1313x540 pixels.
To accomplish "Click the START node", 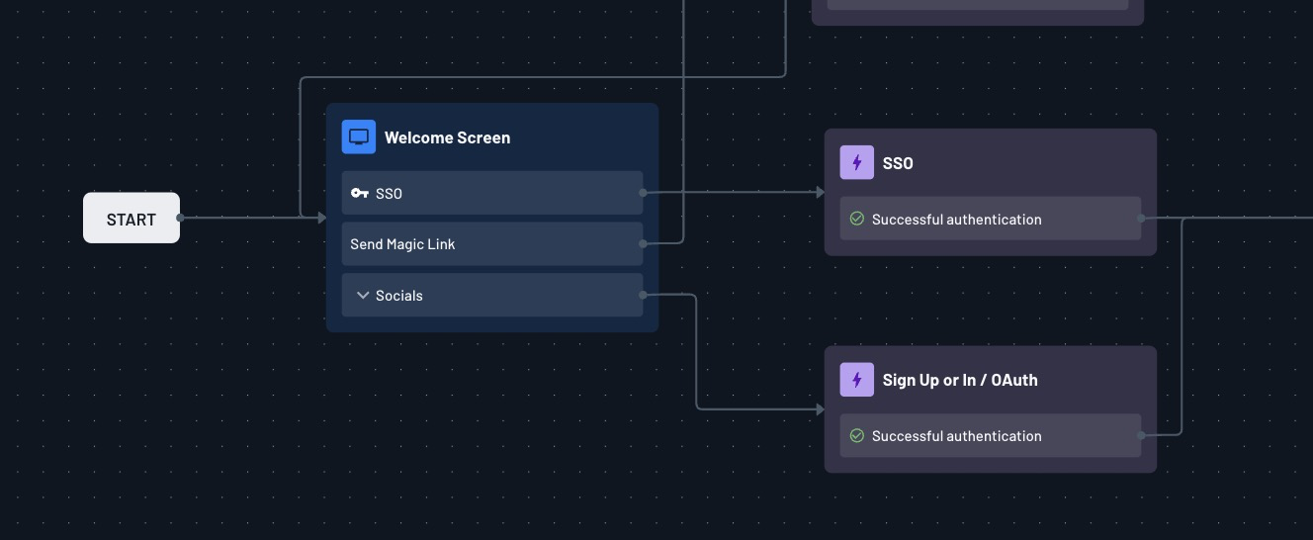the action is [x=131, y=218].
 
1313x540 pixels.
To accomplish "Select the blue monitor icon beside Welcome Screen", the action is [x=359, y=137].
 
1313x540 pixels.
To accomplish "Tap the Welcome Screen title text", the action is [x=447, y=137].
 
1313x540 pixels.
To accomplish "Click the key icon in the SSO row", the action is [x=359, y=193].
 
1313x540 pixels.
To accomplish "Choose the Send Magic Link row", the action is [x=492, y=244].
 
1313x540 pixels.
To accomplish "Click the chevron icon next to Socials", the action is [x=363, y=296].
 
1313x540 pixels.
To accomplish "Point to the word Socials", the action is [x=399, y=296].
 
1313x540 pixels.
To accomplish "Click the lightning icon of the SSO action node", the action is [x=857, y=162].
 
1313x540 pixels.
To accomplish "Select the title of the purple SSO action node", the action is [x=898, y=163].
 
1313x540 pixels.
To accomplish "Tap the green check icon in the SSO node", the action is [x=857, y=219].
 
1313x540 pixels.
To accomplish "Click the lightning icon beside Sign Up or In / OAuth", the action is [x=857, y=380].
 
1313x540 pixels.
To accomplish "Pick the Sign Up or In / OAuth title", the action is [x=960, y=380].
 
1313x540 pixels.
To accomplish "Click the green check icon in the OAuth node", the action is [x=857, y=435].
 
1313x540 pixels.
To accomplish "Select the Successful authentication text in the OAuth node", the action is [x=957, y=436].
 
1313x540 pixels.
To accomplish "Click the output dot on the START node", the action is [x=180, y=218].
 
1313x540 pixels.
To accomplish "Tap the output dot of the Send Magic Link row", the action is [x=643, y=243].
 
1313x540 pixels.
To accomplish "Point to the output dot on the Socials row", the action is [x=643, y=295].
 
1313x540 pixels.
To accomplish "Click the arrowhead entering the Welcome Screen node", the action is [x=321, y=218].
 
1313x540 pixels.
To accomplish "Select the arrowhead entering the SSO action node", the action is [x=820, y=192].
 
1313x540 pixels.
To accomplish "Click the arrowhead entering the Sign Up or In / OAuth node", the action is [x=820, y=409].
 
